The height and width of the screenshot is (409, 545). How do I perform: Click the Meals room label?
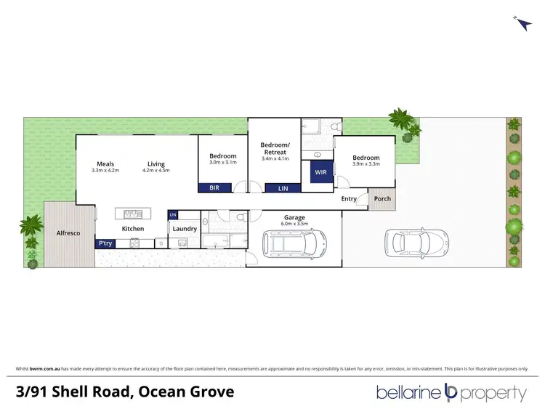(x=105, y=163)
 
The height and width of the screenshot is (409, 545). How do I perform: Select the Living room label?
(x=156, y=163)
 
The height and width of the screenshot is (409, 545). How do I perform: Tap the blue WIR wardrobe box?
(x=321, y=174)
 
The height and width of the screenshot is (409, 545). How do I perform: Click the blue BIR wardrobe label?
(x=215, y=188)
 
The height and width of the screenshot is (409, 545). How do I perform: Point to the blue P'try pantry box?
(x=105, y=244)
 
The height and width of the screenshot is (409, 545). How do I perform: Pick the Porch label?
(x=382, y=198)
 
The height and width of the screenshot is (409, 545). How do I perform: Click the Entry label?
(x=349, y=198)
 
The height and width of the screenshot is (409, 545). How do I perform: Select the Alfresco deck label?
(x=68, y=232)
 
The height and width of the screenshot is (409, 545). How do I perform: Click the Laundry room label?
(x=185, y=229)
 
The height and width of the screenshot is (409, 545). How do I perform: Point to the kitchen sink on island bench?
(x=133, y=214)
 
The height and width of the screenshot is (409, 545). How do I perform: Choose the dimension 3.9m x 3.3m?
(x=366, y=165)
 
